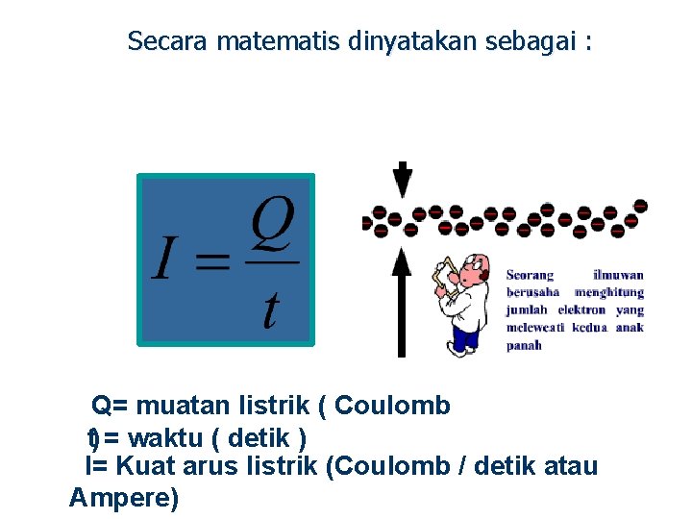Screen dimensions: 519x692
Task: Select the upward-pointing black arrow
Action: point(402,298)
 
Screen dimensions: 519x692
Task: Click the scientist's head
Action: point(476,274)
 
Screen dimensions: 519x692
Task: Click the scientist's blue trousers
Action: point(465,337)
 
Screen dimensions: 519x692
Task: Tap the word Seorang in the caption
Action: point(531,275)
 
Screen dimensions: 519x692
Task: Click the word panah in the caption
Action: point(524,345)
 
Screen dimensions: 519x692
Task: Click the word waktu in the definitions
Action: point(164,438)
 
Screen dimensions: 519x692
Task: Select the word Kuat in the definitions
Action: point(147,467)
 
